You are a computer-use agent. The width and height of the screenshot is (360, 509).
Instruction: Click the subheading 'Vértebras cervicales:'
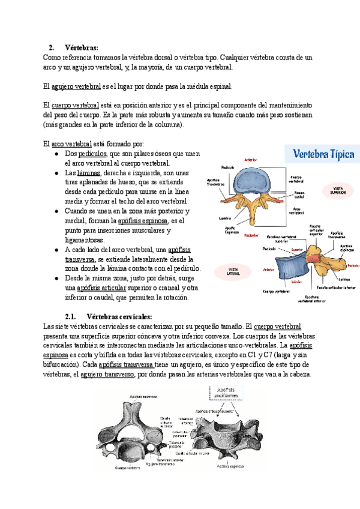[x=119, y=316]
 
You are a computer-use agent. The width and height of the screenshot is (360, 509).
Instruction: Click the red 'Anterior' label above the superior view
[x=251, y=160]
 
